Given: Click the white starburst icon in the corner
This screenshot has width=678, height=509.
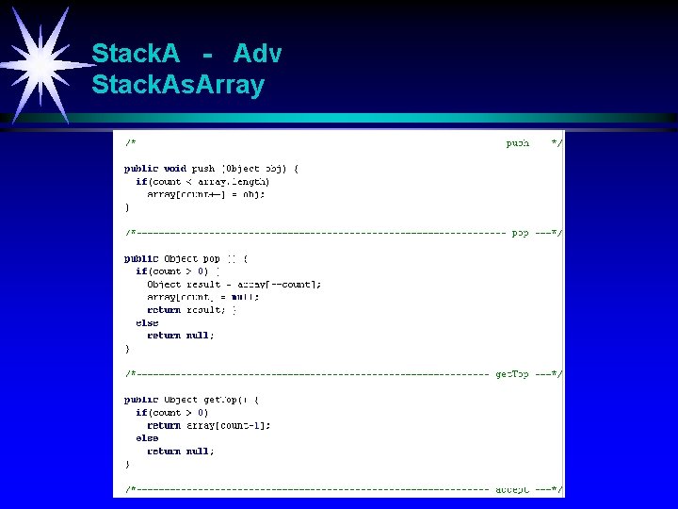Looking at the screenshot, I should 40,62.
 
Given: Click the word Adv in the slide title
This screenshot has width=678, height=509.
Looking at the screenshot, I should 257,54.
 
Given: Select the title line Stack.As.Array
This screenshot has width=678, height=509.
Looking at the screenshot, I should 178,86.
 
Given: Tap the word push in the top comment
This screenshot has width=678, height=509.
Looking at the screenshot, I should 518,143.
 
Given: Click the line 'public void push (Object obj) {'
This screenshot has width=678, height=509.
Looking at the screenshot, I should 212,169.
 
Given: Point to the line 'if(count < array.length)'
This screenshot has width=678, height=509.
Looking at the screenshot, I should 202,181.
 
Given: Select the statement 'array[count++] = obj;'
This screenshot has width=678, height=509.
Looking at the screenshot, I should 206,194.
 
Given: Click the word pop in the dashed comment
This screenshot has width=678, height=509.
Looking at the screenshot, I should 520,232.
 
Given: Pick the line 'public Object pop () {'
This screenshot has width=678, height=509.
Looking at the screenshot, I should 186,258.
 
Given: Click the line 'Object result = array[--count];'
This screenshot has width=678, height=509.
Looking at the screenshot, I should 234,284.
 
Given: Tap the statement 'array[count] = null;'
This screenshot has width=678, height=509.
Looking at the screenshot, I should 203,297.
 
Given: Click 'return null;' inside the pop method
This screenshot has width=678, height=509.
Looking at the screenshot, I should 181,335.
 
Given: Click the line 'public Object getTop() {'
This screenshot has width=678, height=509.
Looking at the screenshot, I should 192,400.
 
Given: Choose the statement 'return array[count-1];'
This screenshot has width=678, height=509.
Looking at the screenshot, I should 209,425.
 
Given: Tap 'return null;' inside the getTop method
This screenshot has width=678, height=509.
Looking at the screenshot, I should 181,451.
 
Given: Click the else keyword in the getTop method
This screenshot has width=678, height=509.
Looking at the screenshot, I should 147,438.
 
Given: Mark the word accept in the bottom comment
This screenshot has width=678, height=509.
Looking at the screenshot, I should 512,489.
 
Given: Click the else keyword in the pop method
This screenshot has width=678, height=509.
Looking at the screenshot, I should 147,322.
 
